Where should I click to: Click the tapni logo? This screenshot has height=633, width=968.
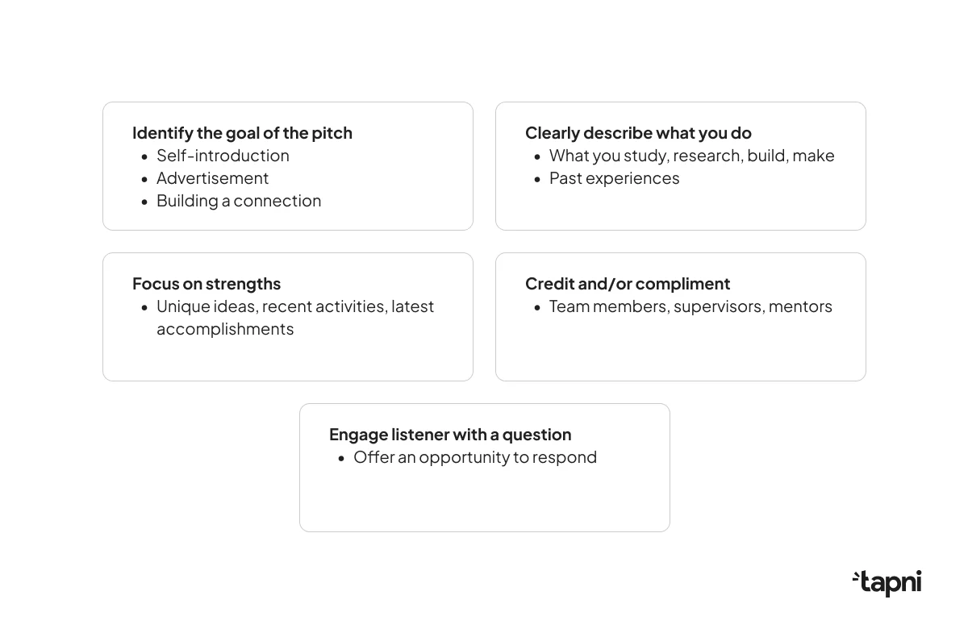coord(887,583)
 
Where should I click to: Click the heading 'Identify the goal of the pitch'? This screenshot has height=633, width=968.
coord(242,133)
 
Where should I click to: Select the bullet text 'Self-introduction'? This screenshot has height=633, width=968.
coord(223,156)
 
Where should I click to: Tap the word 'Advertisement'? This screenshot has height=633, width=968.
coord(212,178)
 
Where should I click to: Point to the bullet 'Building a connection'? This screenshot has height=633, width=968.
coord(239,201)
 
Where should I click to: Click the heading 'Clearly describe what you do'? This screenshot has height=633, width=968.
coord(638,133)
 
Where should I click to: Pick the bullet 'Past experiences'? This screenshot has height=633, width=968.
coord(614,178)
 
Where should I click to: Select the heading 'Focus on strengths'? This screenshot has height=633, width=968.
coord(207,284)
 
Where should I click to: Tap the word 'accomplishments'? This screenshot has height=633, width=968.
coord(225,329)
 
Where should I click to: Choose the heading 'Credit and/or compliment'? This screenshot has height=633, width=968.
coord(628,284)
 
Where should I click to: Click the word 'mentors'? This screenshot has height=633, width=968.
coord(800,306)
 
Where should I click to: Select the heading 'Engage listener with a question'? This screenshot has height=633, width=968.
coord(450,435)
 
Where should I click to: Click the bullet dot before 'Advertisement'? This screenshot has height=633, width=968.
coord(144,179)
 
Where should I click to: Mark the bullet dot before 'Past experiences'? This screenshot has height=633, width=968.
coord(537,179)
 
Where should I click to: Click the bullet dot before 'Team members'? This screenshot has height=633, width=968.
coord(537,308)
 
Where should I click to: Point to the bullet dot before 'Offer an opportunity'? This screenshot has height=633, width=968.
coord(341,459)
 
